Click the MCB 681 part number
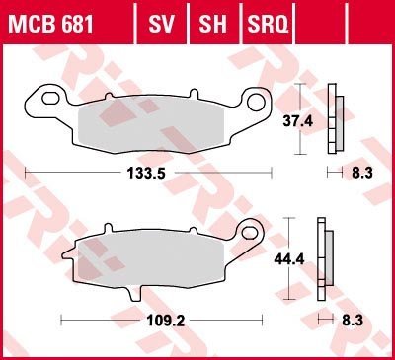point(50,24)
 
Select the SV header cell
point(161,24)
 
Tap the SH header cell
point(212,24)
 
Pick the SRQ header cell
point(268,24)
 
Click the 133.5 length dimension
point(146,173)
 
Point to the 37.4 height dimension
point(298,121)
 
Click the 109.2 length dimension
point(166,321)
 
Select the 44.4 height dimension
point(289,259)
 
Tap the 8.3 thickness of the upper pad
point(362,173)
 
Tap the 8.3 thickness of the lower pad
point(353,321)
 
